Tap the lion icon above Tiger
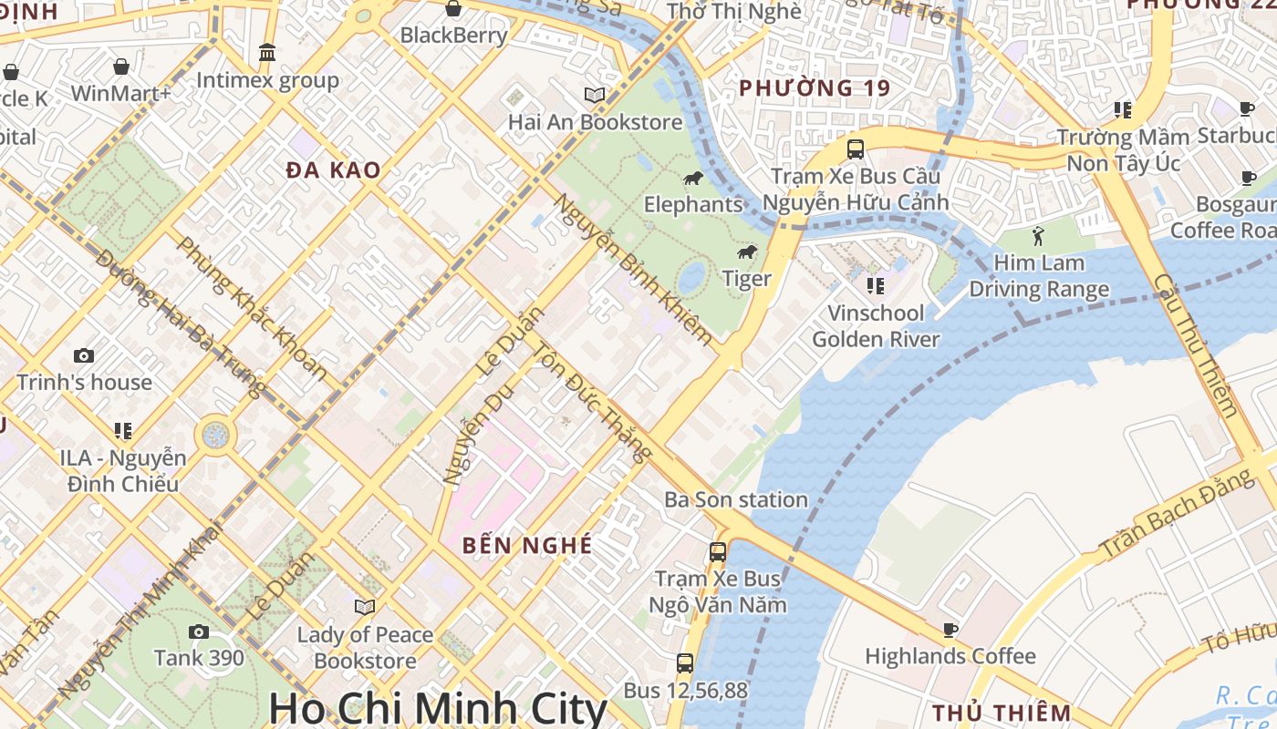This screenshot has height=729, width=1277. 747,252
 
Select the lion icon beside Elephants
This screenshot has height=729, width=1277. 692,178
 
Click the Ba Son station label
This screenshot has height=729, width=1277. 735,499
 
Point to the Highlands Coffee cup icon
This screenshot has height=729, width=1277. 950,630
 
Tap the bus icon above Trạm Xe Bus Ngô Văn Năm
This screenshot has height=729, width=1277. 718,551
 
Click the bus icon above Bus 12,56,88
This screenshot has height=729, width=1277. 685,663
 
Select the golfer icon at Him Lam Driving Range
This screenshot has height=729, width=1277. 1038,237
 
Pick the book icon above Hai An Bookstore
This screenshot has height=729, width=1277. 595,95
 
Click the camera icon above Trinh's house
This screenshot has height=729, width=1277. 84,355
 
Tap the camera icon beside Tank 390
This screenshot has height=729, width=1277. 198,631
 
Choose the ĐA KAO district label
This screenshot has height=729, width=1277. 333,170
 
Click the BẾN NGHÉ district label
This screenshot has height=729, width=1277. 527,545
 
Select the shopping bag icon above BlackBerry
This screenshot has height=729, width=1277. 453,9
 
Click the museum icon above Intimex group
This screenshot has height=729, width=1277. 267,53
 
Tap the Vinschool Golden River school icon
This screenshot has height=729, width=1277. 876,286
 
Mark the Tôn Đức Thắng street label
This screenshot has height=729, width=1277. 593,401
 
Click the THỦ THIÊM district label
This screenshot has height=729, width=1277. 1002,712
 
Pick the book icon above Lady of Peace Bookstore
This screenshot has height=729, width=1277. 365,607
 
